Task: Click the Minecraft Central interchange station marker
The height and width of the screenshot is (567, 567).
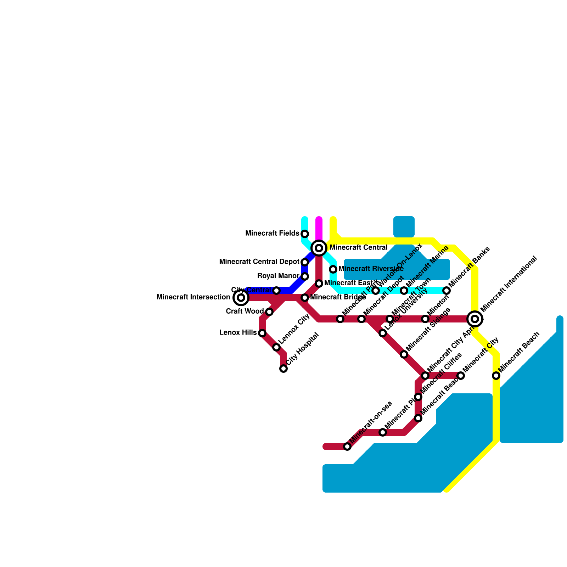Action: click(319, 248)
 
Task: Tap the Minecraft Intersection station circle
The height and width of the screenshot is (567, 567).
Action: click(241, 298)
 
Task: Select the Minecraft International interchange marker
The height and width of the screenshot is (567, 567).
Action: click(475, 319)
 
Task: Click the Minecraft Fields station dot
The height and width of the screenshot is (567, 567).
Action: click(305, 234)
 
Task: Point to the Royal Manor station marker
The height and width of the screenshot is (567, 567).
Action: click(305, 276)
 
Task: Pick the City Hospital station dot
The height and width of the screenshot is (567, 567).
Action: click(283, 369)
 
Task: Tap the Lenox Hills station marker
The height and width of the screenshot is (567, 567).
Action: click(262, 333)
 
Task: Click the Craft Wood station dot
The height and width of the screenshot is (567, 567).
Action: click(269, 312)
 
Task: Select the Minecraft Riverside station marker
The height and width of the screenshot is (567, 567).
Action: click(333, 269)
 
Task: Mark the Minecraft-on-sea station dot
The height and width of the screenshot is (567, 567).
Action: click(347, 447)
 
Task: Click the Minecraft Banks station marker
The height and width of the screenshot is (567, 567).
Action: click(447, 291)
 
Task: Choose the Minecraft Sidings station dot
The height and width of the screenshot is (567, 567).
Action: click(404, 354)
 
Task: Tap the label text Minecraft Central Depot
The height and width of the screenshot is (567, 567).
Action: click(259, 262)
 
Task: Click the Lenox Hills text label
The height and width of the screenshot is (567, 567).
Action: click(238, 333)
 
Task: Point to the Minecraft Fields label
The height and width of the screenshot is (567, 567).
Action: click(272, 234)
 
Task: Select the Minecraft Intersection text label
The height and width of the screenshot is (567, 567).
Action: click(193, 297)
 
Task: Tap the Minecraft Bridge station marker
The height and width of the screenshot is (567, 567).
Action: click(305, 298)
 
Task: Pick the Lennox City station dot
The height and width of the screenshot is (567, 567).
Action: click(276, 347)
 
